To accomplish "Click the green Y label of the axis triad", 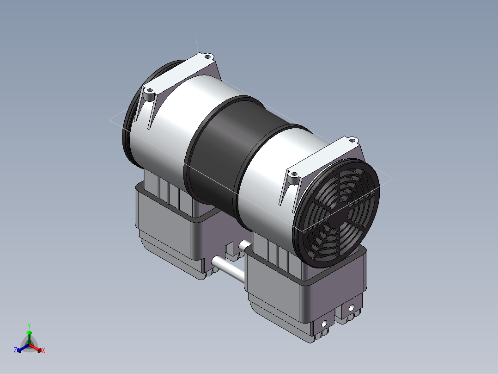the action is click(29, 325).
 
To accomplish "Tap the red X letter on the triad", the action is click(43, 350).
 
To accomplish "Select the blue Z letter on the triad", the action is click(15, 350).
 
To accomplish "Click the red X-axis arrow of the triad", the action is click(35, 348).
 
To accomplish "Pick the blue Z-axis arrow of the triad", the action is click(23, 348).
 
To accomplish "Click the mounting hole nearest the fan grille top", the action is click(352, 140).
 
